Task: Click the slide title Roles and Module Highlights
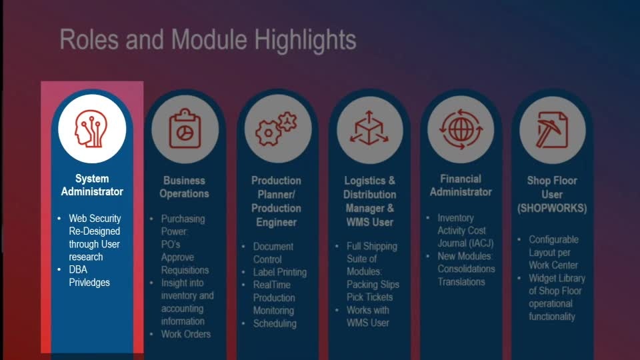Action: pos(208,40)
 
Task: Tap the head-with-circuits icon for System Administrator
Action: pos(92,129)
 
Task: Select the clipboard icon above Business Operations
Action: pos(185,129)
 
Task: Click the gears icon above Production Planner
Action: pos(276,129)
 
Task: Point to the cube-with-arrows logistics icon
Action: pos(369,128)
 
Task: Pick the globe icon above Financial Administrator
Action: pos(461,129)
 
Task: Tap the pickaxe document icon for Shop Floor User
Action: pos(552,130)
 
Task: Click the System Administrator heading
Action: pos(92,185)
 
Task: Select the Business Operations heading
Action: pos(184,187)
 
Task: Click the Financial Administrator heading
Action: pos(461,185)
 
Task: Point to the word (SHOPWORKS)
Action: pos(552,208)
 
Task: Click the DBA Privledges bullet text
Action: pos(89,276)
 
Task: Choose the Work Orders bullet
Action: pos(186,334)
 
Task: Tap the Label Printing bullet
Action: pos(279,272)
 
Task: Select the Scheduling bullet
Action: pos(275,324)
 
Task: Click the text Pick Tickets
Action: pos(369,297)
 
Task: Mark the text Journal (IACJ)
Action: pos(465,243)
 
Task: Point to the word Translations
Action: pos(461,281)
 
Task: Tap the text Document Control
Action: pos(273,253)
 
